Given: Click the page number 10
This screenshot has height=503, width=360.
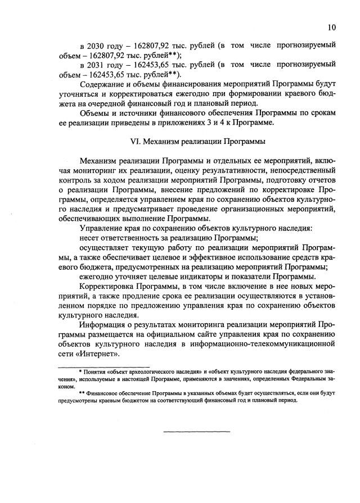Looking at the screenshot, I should coord(332,27).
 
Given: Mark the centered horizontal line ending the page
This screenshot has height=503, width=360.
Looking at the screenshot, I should coord(196,432).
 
